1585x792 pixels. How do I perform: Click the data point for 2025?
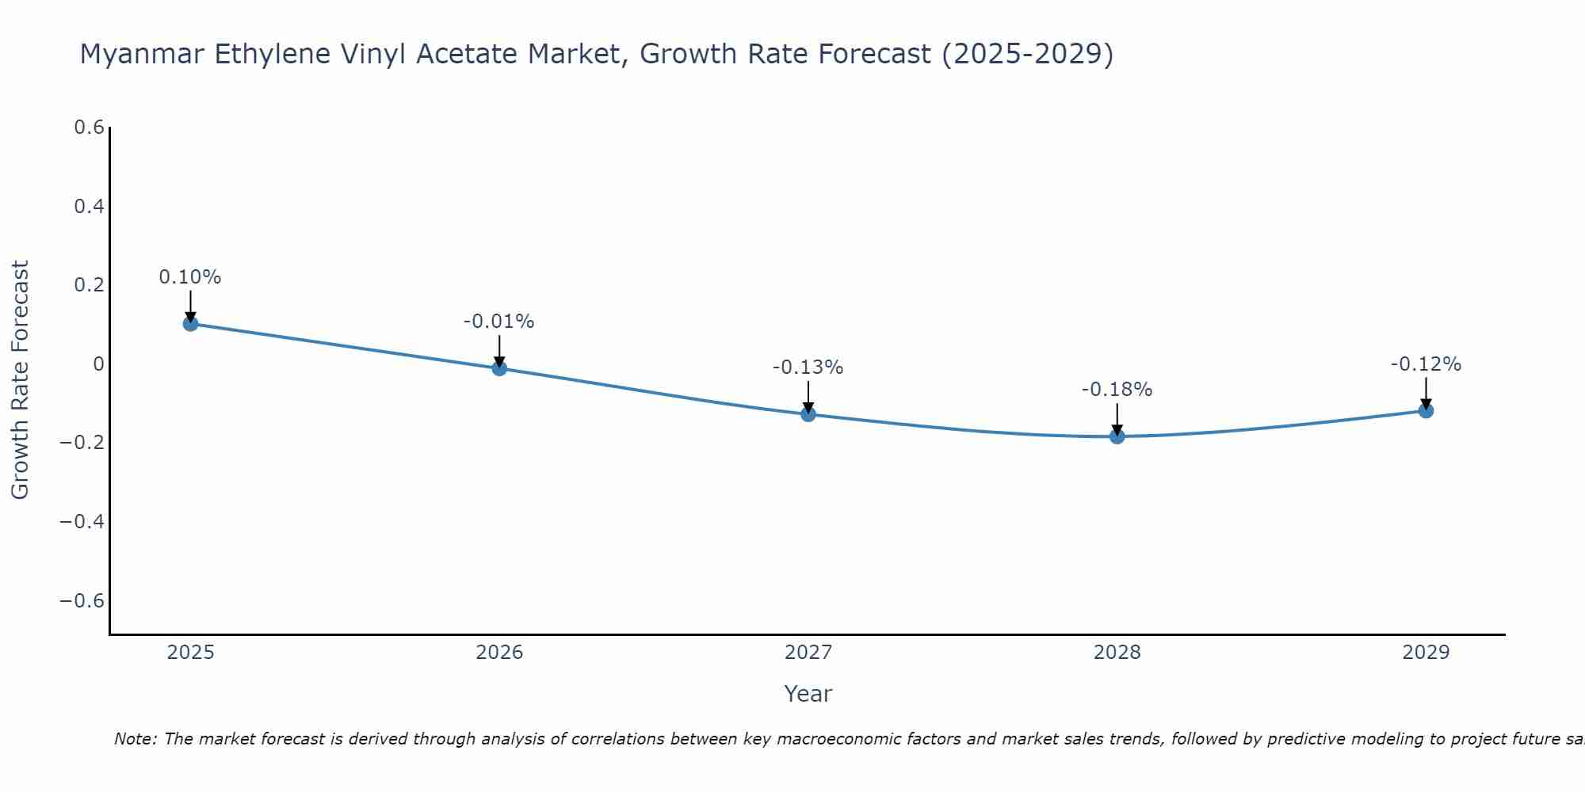coord(190,323)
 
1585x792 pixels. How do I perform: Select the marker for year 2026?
coord(499,367)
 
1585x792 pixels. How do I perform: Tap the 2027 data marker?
coord(808,413)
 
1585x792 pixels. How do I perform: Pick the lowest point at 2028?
coord(1117,436)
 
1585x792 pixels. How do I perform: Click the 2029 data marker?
coord(1426,410)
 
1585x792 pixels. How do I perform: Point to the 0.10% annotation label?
coord(190,277)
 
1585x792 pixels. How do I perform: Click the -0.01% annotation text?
coord(499,322)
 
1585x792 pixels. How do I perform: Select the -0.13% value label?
coord(808,367)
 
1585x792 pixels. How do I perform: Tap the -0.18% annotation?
coord(1117,390)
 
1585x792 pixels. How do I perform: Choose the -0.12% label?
coord(1426,364)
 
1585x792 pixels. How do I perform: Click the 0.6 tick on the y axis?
coord(90,128)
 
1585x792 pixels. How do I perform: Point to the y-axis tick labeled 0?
coord(98,364)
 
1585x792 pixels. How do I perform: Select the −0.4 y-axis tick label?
coord(82,521)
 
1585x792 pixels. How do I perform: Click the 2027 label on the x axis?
coord(808,653)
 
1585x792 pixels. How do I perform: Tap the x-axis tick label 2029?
coord(1426,653)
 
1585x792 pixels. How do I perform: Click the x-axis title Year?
coord(808,694)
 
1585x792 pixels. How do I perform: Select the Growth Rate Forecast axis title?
coord(21,380)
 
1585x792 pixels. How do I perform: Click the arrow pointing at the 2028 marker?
coord(1117,418)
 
